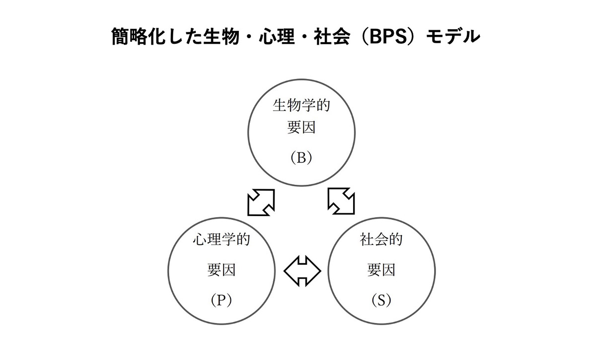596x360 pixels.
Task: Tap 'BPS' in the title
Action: pyautogui.click(x=390, y=37)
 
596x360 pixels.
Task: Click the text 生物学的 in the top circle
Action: pyautogui.click(x=301, y=106)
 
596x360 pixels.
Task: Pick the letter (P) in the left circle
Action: pyautogui.click(x=221, y=300)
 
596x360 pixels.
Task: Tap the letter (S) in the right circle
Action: pyautogui.click(x=381, y=300)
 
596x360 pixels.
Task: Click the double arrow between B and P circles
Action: pyautogui.click(x=261, y=202)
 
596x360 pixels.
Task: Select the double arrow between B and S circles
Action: pyautogui.click(x=342, y=202)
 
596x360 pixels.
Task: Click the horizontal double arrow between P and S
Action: pyautogui.click(x=302, y=271)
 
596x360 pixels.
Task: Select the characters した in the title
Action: pyautogui.click(x=180, y=37)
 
